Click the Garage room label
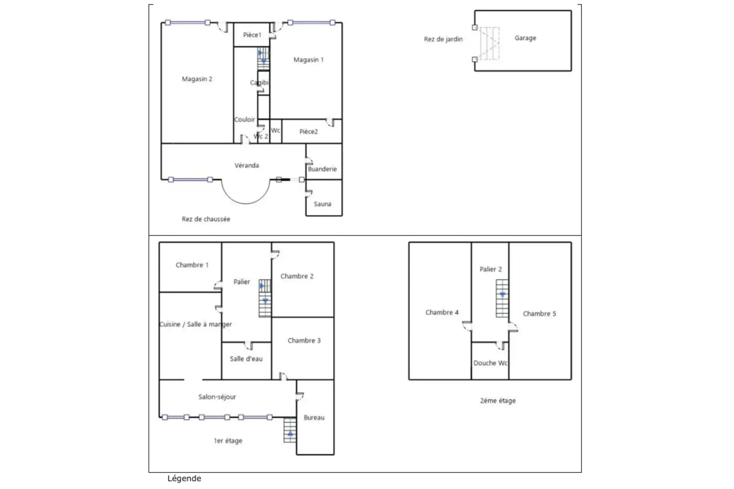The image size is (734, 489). [525, 38]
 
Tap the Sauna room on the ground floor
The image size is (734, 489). [323, 204]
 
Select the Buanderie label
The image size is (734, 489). [322, 169]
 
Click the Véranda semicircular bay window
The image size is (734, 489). [246, 193]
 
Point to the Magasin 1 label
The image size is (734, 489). [308, 60]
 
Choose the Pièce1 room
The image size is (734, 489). [252, 35]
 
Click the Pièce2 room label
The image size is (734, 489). [308, 132]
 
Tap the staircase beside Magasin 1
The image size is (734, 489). [263, 58]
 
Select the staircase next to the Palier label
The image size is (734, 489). [265, 298]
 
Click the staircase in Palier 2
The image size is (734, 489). [502, 298]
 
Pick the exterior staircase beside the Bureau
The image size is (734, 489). [290, 430]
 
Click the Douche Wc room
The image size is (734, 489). [490, 363]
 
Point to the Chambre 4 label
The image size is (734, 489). [442, 312]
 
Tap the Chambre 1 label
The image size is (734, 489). [192, 265]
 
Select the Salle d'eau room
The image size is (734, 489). [246, 359]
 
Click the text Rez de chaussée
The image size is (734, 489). [206, 219]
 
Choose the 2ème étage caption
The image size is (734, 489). [497, 400]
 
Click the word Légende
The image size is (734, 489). [184, 478]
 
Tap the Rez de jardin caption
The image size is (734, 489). [443, 39]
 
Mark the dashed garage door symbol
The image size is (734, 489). [489, 43]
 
